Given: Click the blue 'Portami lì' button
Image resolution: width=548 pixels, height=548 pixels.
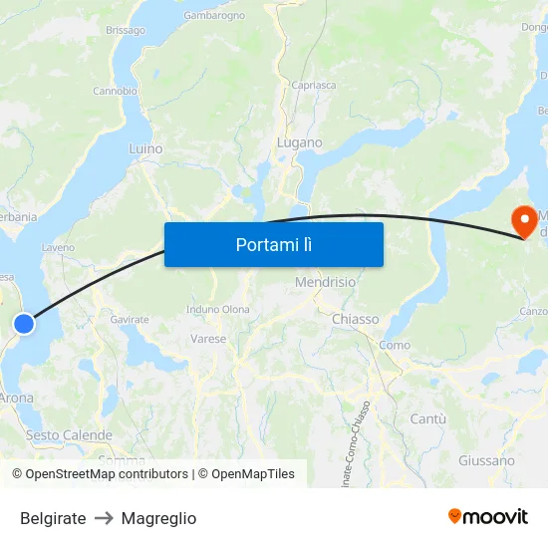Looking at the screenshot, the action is click(273, 244).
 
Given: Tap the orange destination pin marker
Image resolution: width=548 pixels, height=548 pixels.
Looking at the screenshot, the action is click(522, 221).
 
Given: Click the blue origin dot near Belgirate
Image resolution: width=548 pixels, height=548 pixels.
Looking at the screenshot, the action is click(24, 323).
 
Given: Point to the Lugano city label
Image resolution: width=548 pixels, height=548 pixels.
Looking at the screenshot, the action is click(299, 142).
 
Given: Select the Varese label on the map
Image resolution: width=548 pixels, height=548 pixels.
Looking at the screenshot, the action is click(208, 339).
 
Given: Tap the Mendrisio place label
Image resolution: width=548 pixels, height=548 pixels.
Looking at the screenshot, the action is click(325, 282).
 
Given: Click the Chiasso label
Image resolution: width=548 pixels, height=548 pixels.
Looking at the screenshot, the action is click(356, 319).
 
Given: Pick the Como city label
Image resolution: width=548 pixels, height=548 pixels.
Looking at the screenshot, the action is click(395, 345).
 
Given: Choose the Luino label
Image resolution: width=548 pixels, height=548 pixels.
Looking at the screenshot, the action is click(145, 148).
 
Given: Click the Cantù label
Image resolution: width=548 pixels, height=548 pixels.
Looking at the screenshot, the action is click(427, 419).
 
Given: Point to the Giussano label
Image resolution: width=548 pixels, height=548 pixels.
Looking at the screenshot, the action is click(487, 460).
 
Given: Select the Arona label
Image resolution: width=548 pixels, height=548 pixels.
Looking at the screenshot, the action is click(15, 398).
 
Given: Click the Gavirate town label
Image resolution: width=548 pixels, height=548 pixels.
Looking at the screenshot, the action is click(130, 319).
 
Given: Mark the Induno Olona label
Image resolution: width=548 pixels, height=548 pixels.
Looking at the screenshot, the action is click(218, 310).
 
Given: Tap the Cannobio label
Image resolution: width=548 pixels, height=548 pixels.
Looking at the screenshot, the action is click(115, 91).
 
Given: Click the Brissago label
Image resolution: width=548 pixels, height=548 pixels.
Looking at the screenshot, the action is click(126, 31).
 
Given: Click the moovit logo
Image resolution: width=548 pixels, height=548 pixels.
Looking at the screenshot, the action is click(488, 517).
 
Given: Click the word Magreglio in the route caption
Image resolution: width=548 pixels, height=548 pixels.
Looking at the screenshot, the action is click(158, 518).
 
